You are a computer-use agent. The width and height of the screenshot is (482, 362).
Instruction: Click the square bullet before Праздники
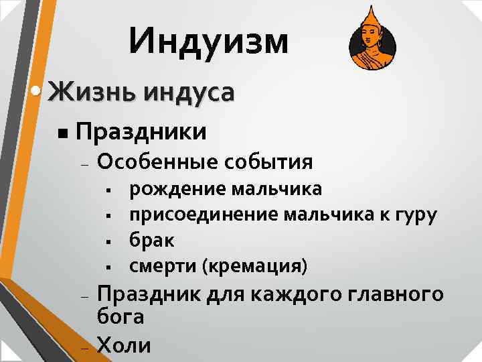pos(62,133)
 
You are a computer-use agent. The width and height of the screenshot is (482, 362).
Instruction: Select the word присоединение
pos(204,215)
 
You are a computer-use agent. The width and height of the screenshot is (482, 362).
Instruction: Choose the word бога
pos(121,317)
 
